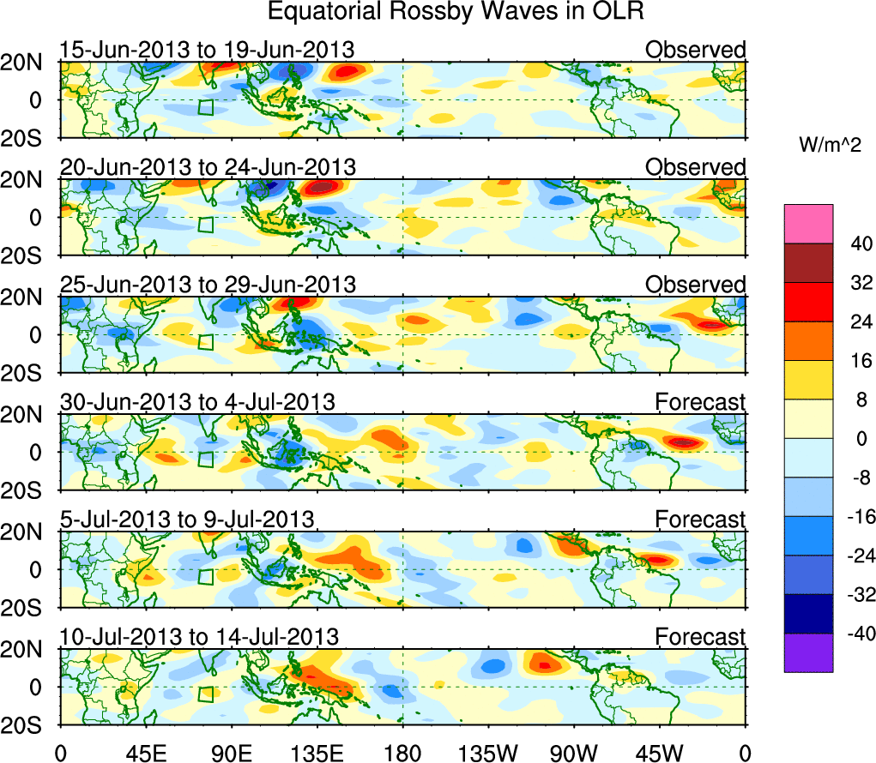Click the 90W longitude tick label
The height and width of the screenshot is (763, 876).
tap(574, 752)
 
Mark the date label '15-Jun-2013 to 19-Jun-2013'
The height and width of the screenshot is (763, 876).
tap(207, 50)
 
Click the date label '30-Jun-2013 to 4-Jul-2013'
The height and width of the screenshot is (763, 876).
tap(196, 401)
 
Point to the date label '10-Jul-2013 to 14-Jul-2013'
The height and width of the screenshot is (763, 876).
tap(199, 637)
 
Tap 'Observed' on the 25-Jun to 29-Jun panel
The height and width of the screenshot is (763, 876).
tap(696, 284)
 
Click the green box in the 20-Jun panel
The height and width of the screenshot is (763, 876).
tap(205, 225)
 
